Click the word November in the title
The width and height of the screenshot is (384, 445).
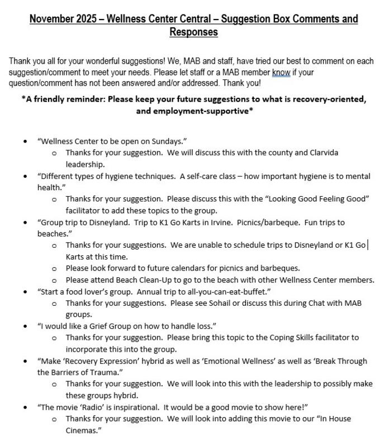[x=51, y=19]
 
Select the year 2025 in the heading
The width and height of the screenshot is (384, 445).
[x=86, y=19]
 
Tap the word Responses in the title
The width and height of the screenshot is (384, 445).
[x=193, y=32]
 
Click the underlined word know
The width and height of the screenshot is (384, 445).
[x=281, y=72]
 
